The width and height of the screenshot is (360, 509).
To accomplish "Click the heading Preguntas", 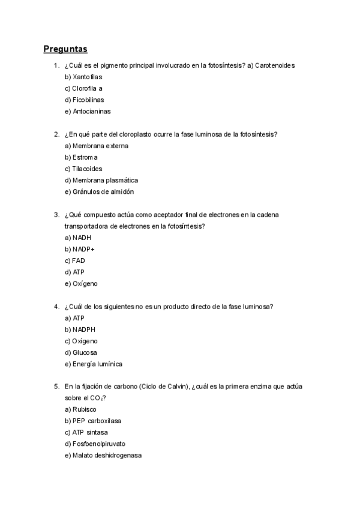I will (65, 49).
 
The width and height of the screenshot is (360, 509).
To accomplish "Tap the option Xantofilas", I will (87, 77).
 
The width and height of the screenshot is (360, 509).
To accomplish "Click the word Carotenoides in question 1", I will (274, 65).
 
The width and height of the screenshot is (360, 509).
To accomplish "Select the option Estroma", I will (85, 157).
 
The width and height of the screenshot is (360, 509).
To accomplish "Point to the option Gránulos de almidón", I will (102, 191).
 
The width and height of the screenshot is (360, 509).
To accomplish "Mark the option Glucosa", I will (85, 352).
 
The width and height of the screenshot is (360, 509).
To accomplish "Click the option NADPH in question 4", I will (83, 330).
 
